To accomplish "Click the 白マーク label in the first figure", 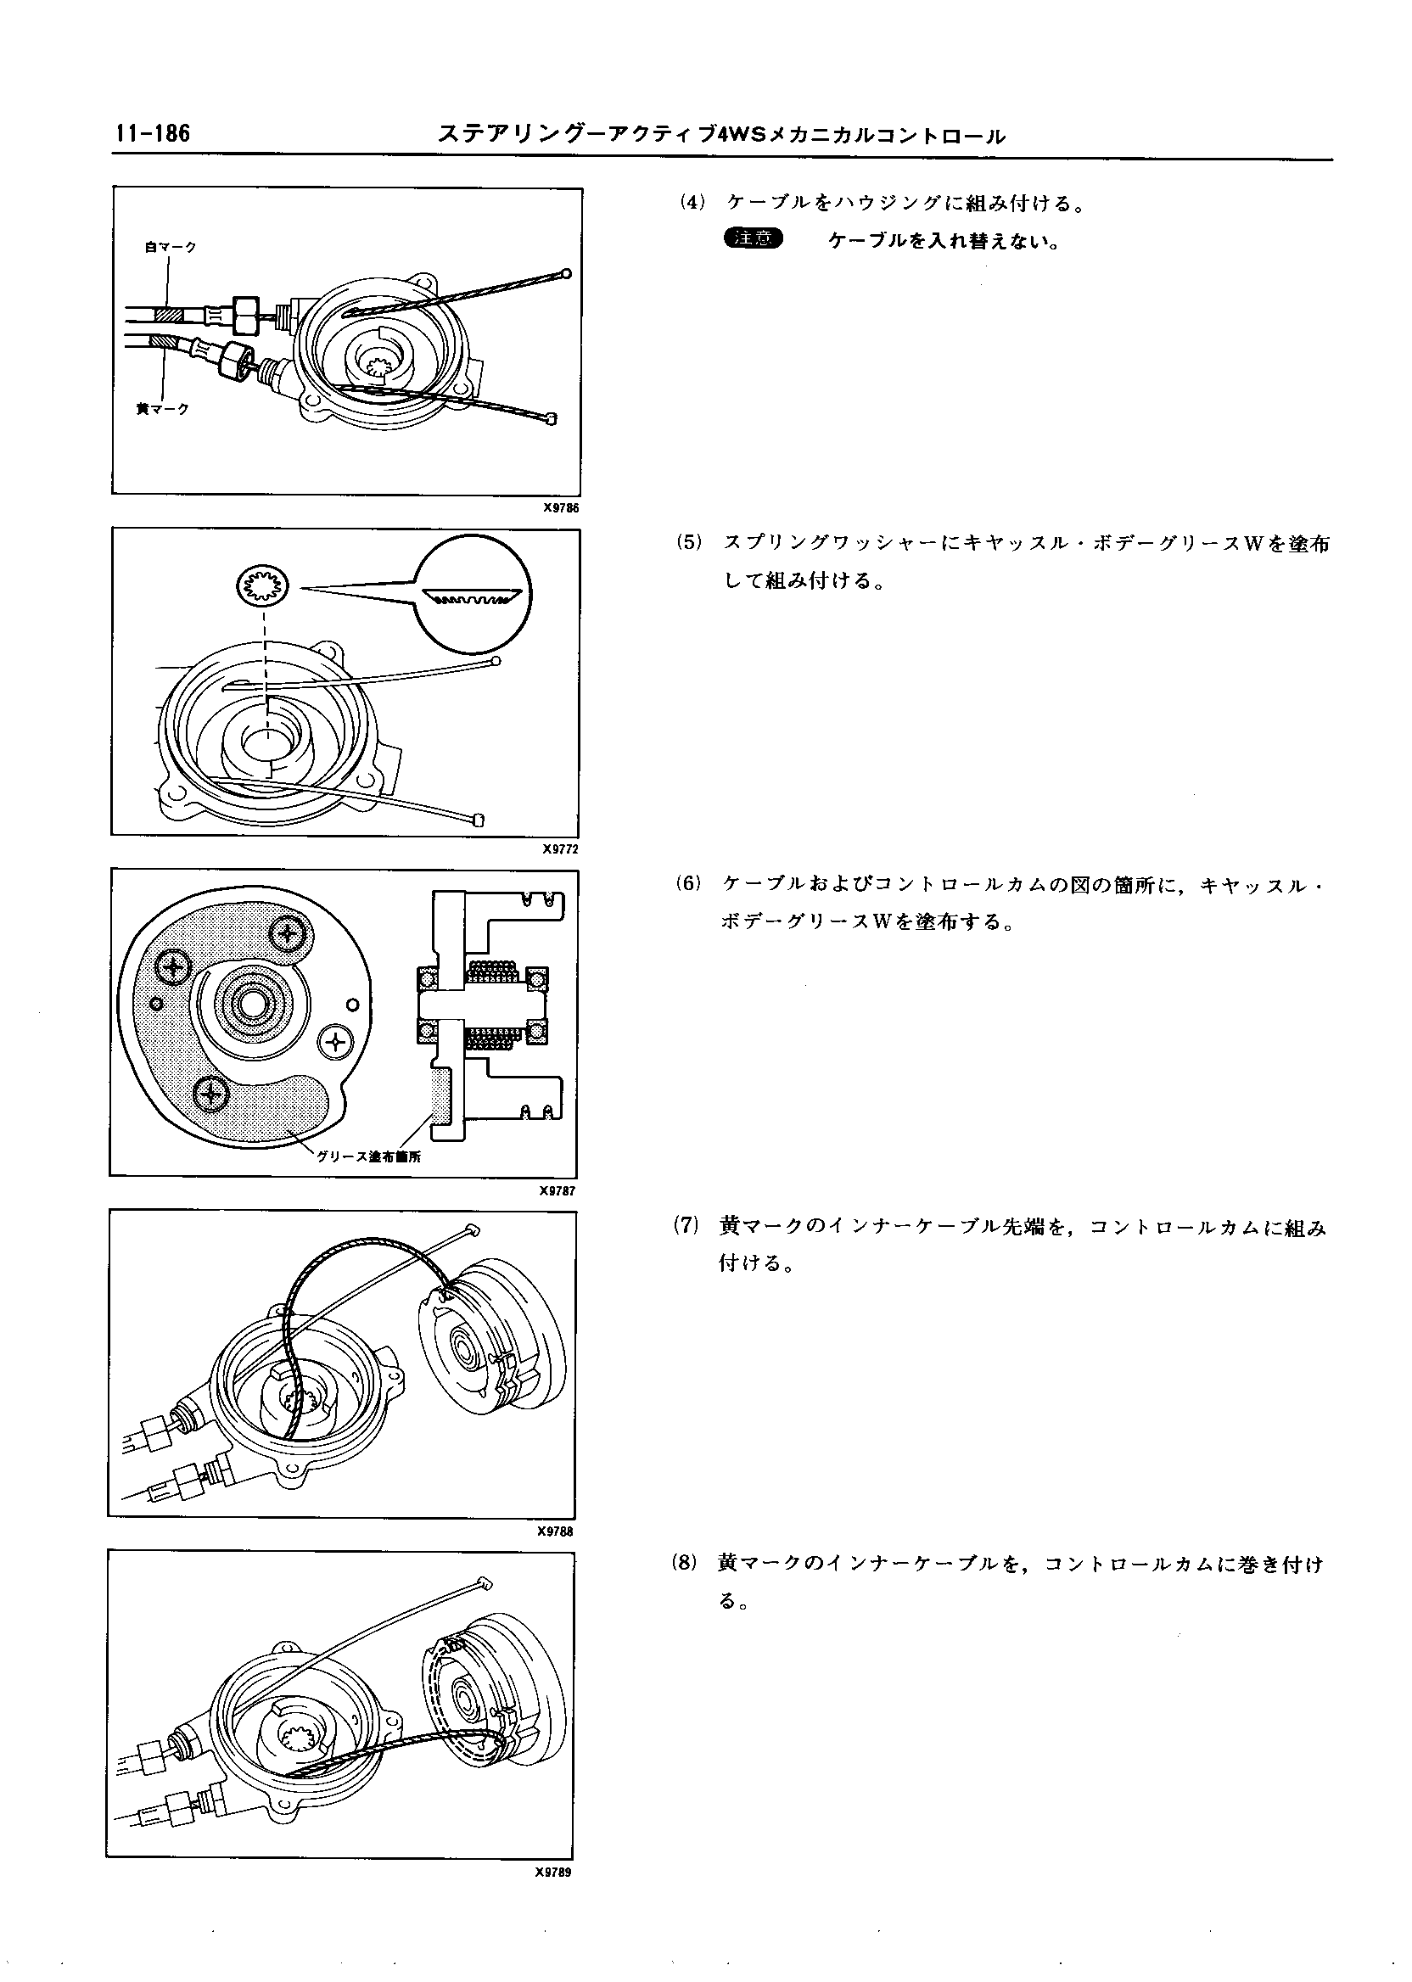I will tap(171, 248).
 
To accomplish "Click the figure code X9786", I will tap(560, 508).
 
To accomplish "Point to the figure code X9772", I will tap(560, 849).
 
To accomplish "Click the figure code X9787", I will tap(558, 1191).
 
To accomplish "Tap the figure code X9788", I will tap(555, 1531).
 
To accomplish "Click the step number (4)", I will tap(692, 204).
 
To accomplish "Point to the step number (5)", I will tap(690, 543).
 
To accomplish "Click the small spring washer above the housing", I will tap(261, 587).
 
